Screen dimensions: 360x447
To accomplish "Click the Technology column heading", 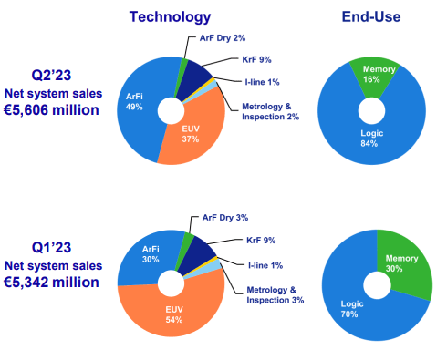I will point(170,16).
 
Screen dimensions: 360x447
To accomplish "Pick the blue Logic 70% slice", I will point(351,305).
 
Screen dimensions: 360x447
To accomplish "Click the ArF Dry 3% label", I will point(223,220).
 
